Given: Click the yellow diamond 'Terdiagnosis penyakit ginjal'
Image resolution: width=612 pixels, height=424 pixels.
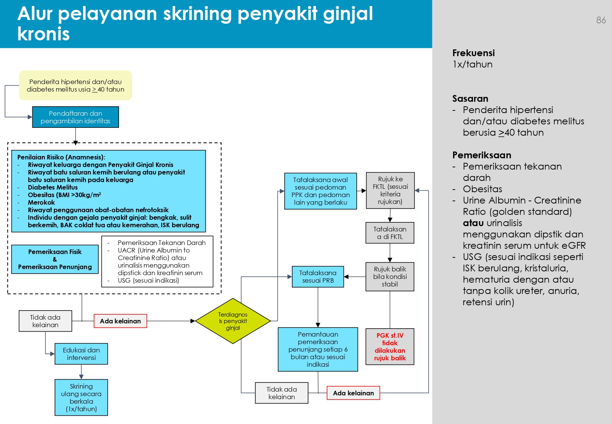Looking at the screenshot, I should pyautogui.click(x=233, y=321).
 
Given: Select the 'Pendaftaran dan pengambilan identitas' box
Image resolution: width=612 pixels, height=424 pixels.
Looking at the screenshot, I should pyautogui.click(x=75, y=117).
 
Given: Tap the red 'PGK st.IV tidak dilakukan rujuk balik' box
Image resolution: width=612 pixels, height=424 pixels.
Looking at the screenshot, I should pyautogui.click(x=390, y=347).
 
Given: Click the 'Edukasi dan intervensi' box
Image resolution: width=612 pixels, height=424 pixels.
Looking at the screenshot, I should pyautogui.click(x=81, y=354).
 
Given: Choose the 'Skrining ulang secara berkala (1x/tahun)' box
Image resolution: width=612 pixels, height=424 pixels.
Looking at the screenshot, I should pyautogui.click(x=81, y=398).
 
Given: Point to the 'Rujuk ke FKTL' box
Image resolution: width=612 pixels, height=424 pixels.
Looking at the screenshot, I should pyautogui.click(x=390, y=190).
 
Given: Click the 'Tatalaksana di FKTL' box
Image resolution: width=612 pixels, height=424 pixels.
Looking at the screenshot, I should pyautogui.click(x=390, y=233).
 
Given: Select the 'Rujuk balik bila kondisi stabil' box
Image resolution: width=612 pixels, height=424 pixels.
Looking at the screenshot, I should pyautogui.click(x=390, y=277).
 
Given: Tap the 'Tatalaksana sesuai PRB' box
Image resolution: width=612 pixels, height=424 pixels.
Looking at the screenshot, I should pyautogui.click(x=318, y=277).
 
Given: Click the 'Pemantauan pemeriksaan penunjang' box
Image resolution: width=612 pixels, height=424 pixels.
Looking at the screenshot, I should pyautogui.click(x=318, y=349).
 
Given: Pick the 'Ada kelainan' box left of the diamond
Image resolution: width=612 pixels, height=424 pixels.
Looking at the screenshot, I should pyautogui.click(x=120, y=321).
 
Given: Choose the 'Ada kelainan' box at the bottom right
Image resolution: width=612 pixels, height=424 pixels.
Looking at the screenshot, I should pyautogui.click(x=353, y=393).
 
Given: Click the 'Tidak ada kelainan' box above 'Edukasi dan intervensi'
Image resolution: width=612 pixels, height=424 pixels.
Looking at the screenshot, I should pyautogui.click(x=45, y=321).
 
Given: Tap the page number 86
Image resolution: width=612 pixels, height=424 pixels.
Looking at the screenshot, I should pyautogui.click(x=601, y=20).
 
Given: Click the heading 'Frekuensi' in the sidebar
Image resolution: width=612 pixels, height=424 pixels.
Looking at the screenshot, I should pyautogui.click(x=473, y=53).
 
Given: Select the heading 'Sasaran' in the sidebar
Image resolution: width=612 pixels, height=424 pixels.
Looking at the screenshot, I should pyautogui.click(x=470, y=99).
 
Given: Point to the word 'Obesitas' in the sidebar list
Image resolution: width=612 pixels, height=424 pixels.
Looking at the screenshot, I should pyautogui.click(x=482, y=189).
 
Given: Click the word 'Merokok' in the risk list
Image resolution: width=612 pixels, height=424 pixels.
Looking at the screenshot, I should pyautogui.click(x=41, y=202).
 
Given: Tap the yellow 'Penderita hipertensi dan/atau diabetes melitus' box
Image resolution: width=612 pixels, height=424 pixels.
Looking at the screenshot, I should pyautogui.click(x=75, y=86).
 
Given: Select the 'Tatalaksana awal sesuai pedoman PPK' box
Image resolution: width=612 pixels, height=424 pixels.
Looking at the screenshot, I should pyautogui.click(x=320, y=191).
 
